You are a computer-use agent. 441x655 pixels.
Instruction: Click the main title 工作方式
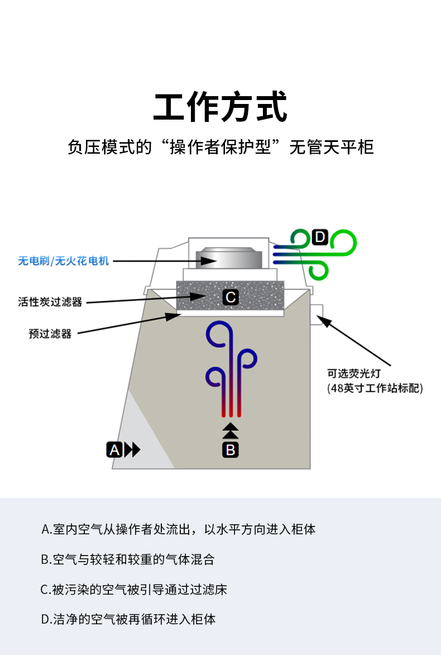[220, 107]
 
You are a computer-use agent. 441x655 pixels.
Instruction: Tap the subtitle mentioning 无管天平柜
[220, 148]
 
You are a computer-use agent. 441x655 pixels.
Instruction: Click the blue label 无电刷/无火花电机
[64, 261]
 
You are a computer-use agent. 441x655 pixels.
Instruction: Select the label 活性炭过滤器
[50, 302]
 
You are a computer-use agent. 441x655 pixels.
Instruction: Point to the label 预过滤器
[50, 334]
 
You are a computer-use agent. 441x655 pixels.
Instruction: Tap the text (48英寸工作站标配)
[375, 388]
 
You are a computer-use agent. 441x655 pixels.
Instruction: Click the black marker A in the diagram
[114, 449]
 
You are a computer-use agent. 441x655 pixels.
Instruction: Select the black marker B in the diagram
[231, 449]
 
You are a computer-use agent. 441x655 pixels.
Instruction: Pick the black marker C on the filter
[231, 297]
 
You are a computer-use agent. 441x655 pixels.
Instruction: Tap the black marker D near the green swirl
[319, 237]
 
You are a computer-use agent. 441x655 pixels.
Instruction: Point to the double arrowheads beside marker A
[132, 449]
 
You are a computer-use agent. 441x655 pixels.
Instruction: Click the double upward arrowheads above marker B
[231, 431]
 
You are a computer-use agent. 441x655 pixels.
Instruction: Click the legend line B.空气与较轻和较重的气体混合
[128, 559]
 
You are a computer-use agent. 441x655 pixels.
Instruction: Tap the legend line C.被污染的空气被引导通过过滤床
[134, 589]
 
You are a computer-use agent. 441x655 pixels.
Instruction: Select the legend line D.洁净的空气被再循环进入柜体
[128, 619]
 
